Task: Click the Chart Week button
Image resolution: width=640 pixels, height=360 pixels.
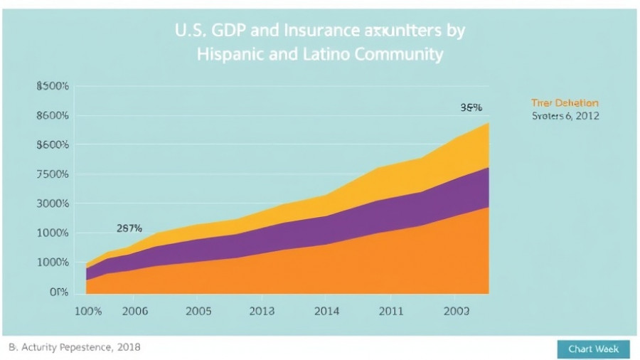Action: click(593, 348)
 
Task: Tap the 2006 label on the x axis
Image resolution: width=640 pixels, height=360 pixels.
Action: click(135, 311)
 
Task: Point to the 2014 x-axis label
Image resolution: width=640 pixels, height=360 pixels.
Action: click(326, 311)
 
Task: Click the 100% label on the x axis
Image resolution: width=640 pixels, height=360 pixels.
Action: click(88, 311)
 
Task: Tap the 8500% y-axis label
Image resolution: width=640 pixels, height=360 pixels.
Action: click(52, 86)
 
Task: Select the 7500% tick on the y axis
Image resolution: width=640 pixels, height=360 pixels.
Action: click(52, 174)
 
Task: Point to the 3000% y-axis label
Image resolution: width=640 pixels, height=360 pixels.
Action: click(52, 203)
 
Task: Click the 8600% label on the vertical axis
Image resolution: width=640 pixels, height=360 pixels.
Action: click(52, 115)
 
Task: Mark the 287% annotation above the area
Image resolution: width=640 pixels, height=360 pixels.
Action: click(129, 228)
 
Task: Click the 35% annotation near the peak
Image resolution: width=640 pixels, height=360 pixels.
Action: click(471, 107)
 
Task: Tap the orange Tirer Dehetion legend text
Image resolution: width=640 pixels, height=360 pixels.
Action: click(565, 103)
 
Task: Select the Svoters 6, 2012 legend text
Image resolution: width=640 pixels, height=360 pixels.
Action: click(565, 115)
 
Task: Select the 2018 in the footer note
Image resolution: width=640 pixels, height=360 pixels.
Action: click(128, 347)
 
